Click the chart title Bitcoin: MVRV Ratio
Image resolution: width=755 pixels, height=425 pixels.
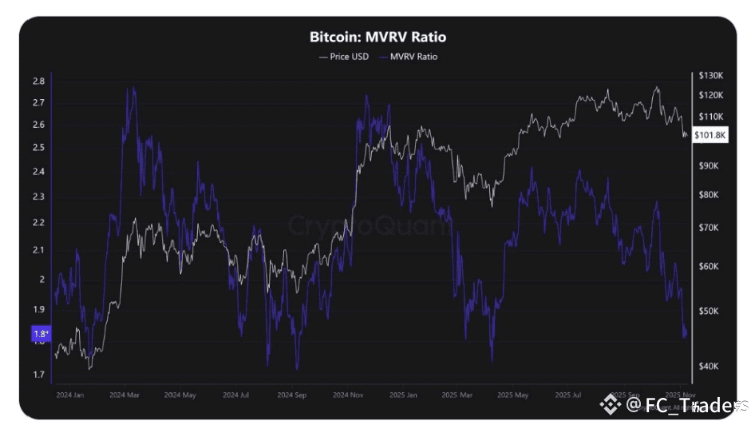(377, 37)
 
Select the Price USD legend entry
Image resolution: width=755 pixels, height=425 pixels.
(343, 57)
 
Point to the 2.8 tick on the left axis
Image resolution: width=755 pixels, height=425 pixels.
(38, 81)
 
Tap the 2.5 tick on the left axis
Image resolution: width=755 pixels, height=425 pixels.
(38, 148)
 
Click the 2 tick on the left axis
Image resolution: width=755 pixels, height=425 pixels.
(41, 280)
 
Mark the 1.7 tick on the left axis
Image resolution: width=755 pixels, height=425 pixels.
(38, 374)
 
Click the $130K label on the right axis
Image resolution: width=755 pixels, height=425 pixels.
(710, 76)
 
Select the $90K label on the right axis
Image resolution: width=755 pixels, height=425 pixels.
(708, 165)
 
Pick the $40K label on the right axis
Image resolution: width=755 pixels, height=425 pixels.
(708, 366)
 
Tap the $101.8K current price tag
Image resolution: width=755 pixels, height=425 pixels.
(710, 135)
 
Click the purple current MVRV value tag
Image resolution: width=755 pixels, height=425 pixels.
(40, 334)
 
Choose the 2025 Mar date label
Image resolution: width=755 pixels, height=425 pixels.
(458, 395)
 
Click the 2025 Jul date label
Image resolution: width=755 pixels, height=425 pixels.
(568, 395)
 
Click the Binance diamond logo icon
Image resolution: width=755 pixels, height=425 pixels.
(611, 404)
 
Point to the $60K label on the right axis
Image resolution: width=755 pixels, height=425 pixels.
(708, 266)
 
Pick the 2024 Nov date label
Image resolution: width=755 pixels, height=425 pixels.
(348, 395)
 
